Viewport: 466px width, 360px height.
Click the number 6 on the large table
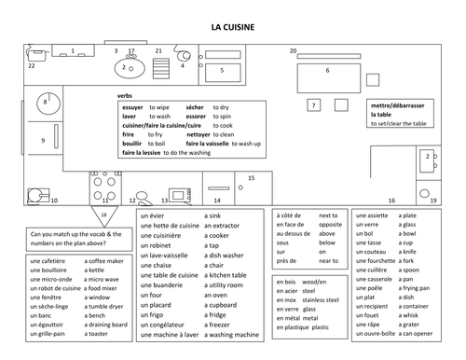pyautogui.click(x=327, y=70)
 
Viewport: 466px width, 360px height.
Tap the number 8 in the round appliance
pyautogui.click(x=45, y=101)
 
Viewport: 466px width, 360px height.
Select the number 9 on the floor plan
pyautogui.click(x=43, y=140)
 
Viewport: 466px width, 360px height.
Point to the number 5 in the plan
pyautogui.click(x=221, y=70)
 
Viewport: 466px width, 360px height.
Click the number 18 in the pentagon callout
pyautogui.click(x=103, y=215)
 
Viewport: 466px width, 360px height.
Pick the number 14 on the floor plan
pyautogui.click(x=216, y=200)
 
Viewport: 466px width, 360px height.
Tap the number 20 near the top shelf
pyautogui.click(x=293, y=50)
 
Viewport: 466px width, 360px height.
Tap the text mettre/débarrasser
pyautogui.click(x=395, y=105)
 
